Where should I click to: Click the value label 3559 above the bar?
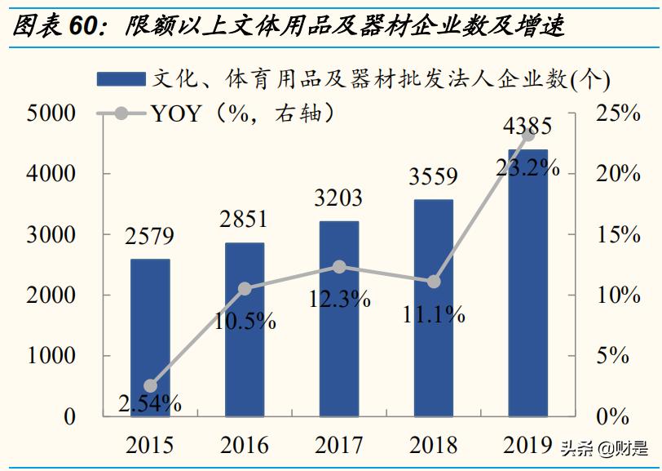[434, 177]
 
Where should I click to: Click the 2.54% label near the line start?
[150, 402]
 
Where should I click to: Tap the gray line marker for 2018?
[434, 282]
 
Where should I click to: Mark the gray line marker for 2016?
[245, 288]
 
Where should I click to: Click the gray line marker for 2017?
[339, 267]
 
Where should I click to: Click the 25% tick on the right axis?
[616, 113]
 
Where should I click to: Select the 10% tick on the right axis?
[616, 295]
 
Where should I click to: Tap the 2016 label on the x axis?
[245, 445]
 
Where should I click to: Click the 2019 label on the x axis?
[527, 445]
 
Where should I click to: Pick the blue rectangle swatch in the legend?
[121, 79]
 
